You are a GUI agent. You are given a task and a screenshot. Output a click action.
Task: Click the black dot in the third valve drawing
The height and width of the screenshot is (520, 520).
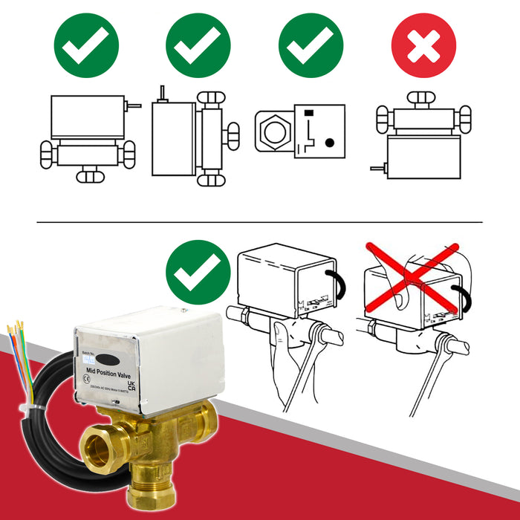coord(331,140)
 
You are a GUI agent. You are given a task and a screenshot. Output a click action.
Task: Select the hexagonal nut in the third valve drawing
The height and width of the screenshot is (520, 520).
coord(273,129)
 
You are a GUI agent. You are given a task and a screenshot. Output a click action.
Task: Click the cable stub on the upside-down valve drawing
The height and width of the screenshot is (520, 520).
coord(379,169)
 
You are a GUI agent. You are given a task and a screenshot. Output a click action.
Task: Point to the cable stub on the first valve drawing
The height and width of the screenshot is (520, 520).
coord(134,106)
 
